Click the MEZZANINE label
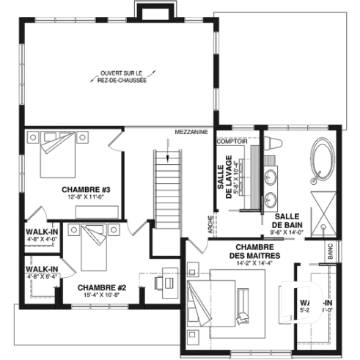192,133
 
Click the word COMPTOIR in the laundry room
231,140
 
